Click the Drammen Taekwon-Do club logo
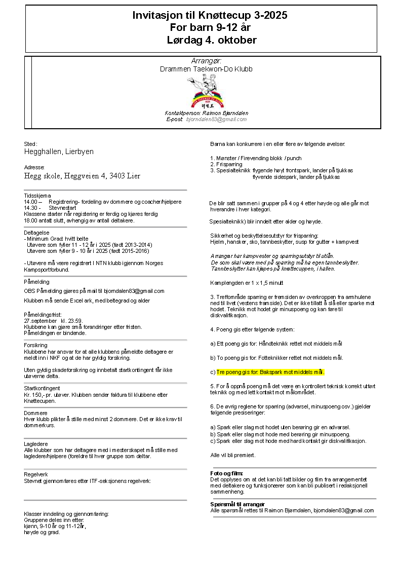coord(206,92)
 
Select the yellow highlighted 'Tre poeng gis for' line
coord(270,372)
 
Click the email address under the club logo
coord(217,119)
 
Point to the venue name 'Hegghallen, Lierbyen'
coord(59,152)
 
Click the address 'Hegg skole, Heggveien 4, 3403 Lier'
coord(82,176)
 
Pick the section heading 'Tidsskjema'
coord(37,196)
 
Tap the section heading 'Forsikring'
coord(35,345)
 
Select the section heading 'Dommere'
coord(35,413)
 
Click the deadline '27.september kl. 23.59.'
coord(52,321)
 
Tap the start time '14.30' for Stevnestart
coord(32,208)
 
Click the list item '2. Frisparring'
coord(227,164)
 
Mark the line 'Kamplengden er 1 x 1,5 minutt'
coord(247,282)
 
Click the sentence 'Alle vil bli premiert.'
coord(233,455)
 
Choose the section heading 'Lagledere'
coord(36,444)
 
